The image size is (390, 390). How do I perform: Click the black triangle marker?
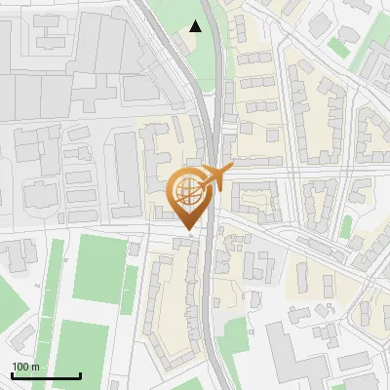(196, 26)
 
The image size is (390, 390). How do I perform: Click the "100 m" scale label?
(25, 367)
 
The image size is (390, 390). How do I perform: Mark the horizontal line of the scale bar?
(46, 375)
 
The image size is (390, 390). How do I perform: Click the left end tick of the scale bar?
(12, 373)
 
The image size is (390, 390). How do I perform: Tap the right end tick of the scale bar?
(80, 373)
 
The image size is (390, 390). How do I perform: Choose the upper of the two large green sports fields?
(100, 268)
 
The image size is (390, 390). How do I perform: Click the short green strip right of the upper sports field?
(129, 290)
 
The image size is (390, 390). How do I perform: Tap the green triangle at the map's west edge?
(8, 292)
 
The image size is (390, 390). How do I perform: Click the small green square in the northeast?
(338, 46)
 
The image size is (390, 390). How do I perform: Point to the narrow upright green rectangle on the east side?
(346, 227)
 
